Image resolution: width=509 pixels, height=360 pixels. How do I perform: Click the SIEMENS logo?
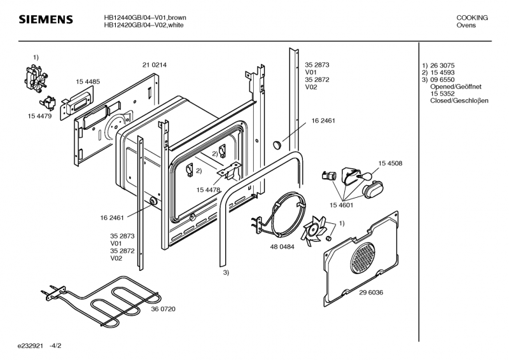(45, 20)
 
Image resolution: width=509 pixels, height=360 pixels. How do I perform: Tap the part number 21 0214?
(155, 65)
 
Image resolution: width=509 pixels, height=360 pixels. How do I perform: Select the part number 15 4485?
(88, 81)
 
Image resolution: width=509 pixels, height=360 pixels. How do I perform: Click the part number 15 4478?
(208, 190)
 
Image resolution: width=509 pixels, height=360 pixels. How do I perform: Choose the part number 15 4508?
(390, 163)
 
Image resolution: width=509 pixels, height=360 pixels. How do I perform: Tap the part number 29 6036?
(371, 292)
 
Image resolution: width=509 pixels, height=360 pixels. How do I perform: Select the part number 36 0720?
(163, 308)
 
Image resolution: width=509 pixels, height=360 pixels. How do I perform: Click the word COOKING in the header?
(472, 18)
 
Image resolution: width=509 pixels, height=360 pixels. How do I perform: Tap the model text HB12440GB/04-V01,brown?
(146, 18)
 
